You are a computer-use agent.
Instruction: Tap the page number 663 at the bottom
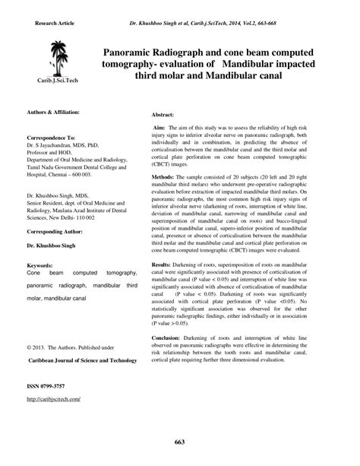(180, 442)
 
